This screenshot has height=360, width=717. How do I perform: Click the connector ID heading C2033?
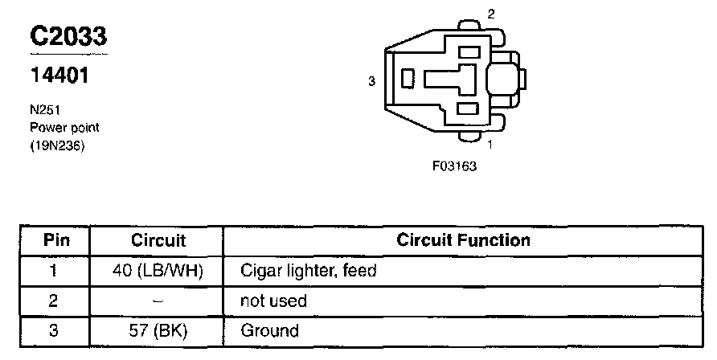pos(68,36)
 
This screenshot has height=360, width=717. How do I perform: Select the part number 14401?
pos(58,76)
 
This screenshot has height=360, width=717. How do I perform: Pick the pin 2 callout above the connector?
pos(491,14)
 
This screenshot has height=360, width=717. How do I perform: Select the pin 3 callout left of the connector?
pos(371,81)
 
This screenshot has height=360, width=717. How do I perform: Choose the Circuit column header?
pos(158,240)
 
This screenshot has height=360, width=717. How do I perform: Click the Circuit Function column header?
pos(464,240)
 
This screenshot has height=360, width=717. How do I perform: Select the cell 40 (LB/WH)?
pos(158,271)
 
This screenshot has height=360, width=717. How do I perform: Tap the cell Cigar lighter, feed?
pos(309,271)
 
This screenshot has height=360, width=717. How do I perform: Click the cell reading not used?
pos(273,301)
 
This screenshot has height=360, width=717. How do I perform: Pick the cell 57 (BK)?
pos(158,330)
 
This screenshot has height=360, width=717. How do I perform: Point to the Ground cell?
pos(269,330)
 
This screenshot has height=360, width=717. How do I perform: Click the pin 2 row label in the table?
pos(54,301)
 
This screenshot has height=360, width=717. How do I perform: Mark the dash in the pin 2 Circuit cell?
pos(158,300)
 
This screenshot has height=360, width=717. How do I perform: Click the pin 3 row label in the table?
pos(54,330)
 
